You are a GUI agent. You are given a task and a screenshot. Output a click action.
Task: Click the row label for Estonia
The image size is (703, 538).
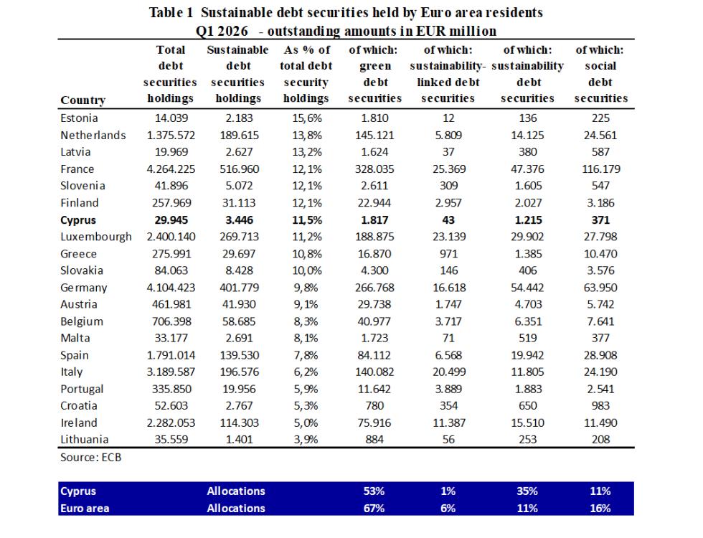click(79, 118)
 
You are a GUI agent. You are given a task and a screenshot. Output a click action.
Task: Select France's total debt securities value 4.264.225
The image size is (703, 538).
click(171, 169)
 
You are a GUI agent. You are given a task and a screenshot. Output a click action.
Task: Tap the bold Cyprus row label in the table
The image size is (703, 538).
click(78, 220)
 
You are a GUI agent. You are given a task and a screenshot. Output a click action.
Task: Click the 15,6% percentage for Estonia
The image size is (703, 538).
click(307, 118)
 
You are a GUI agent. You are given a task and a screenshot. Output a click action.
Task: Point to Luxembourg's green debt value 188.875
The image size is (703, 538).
click(374, 237)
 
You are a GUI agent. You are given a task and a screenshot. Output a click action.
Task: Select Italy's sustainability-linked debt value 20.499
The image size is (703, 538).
click(449, 372)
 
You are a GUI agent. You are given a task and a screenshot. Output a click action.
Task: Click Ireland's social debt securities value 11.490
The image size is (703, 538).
click(600, 423)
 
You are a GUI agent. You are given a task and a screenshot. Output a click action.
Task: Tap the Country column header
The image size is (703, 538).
click(83, 100)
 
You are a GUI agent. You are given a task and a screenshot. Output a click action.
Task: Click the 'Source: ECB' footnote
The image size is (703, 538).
click(90, 458)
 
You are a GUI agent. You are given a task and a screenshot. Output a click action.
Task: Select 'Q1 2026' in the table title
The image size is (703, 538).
click(222, 31)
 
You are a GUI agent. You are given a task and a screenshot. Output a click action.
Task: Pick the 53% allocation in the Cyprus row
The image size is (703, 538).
click(374, 491)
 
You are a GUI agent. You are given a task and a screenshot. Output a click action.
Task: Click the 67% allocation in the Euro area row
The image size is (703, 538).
click(374, 509)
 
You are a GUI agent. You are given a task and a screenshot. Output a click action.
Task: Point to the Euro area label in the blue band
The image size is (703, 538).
click(85, 509)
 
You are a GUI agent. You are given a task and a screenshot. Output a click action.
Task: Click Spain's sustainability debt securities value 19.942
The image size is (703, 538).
click(527, 355)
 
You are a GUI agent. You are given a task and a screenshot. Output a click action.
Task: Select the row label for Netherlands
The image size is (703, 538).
click(93, 136)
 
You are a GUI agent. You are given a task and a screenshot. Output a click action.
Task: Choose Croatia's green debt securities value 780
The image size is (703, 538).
click(374, 406)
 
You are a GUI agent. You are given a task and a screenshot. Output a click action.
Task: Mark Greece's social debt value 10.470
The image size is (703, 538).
click(600, 254)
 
